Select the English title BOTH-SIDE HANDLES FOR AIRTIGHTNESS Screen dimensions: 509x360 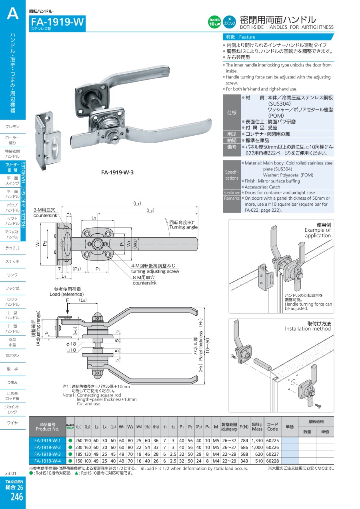[286, 27]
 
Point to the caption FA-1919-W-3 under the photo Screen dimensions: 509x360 [117, 172]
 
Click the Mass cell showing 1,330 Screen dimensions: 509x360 [257, 441]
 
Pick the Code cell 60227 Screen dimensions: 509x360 [272, 454]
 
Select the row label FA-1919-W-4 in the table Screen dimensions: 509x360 [48, 461]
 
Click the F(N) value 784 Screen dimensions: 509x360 [244, 441]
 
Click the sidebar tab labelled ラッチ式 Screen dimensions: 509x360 [13, 248]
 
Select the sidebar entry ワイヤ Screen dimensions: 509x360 [13, 423]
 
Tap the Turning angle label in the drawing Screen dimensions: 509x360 [183, 227]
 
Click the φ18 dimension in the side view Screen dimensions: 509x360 [71, 344]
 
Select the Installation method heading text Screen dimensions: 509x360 [308, 329]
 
